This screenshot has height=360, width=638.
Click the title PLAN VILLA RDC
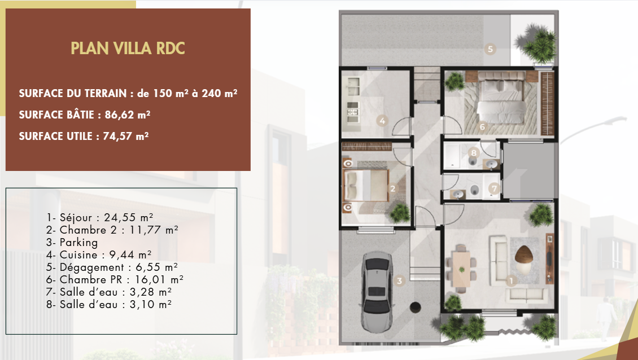(128, 48)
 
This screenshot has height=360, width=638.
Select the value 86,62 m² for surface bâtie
(128, 115)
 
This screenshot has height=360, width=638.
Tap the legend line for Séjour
(100, 217)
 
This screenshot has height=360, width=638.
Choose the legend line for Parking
(72, 243)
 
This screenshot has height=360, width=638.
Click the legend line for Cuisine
(99, 255)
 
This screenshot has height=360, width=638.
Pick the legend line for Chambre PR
(115, 280)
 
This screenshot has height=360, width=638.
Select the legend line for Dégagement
(112, 267)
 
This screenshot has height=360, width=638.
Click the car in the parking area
(377, 291)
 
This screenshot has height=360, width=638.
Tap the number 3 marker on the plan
(399, 280)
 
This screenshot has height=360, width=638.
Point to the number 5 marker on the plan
(490, 49)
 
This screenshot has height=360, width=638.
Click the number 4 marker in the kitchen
(382, 120)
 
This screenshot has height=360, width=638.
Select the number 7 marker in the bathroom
(494, 188)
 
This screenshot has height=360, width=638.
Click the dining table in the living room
(461, 269)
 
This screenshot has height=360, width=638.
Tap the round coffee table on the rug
(522, 255)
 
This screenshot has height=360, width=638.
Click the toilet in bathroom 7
(474, 190)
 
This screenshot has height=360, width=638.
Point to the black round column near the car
(415, 307)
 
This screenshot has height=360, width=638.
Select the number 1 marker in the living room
(510, 280)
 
